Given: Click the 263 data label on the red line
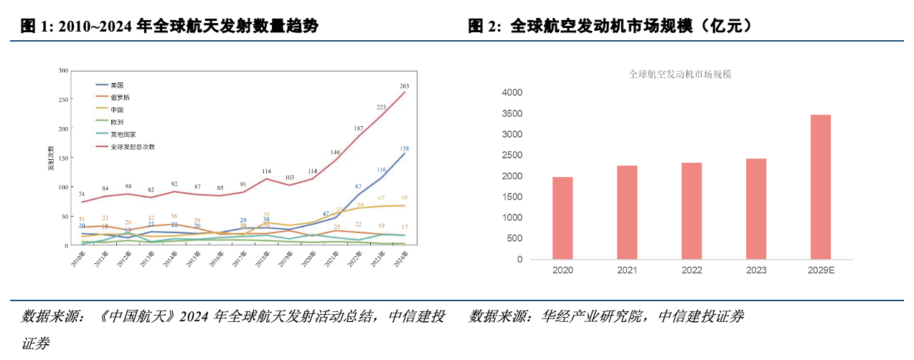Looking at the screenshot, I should coord(405,85).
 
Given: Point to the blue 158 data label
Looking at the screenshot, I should coord(405,148).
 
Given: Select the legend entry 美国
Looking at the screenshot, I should coord(118,85).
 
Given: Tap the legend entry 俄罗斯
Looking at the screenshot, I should coord(120,97).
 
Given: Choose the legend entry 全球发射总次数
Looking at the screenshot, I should coord(132,146).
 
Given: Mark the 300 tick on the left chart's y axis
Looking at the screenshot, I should coord(63,70).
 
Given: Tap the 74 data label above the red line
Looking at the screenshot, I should coord(82,194).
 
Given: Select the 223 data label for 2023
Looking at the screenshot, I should coord(382,108).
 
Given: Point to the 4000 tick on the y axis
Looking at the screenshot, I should coord(512,93).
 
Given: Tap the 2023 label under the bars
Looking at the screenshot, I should coord(756,270).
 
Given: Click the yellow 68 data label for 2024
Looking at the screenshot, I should coord(405,198).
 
